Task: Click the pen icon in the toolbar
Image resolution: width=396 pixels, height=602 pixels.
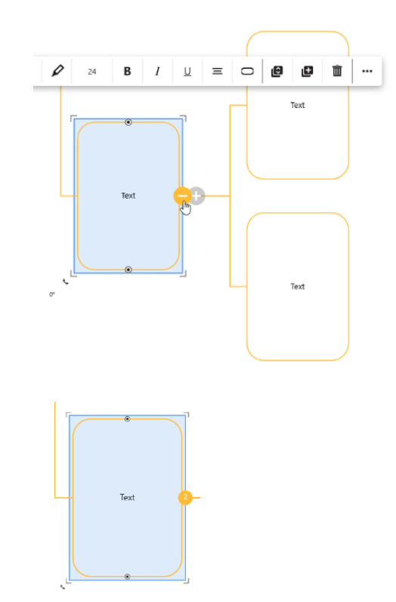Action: tap(57, 71)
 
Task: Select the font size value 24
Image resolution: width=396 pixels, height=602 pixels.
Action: tap(91, 72)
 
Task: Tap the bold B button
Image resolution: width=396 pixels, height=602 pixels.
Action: tap(127, 72)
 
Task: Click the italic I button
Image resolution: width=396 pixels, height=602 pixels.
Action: tap(157, 72)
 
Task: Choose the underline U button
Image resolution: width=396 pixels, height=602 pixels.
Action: tap(187, 72)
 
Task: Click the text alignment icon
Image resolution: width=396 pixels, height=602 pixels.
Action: tap(217, 72)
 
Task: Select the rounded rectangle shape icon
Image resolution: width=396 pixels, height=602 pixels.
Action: tap(247, 72)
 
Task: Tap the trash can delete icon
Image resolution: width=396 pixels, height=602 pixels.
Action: tap(337, 71)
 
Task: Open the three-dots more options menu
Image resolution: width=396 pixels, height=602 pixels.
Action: tap(367, 72)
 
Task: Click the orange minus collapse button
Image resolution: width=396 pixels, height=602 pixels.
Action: tap(182, 196)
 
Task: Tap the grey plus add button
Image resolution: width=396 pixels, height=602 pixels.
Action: tap(196, 196)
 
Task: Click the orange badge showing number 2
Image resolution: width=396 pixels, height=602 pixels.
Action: tap(185, 498)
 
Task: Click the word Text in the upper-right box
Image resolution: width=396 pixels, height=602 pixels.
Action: tap(297, 105)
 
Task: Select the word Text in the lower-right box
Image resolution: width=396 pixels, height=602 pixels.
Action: tap(297, 286)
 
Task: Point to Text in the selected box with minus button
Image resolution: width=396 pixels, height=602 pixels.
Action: tap(128, 196)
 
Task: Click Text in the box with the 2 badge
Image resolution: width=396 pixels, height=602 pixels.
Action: tap(127, 498)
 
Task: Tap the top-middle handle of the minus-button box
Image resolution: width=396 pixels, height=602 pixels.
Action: tap(128, 122)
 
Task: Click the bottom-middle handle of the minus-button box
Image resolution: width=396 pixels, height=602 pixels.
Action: tap(128, 270)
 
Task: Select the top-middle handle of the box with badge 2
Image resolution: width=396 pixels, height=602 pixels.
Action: tap(128, 419)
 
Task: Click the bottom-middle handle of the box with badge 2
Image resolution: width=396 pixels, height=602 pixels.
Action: tap(128, 576)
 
